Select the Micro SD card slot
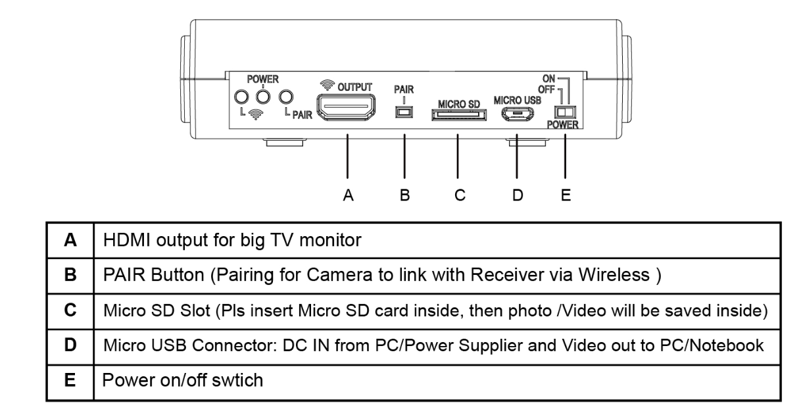(x=459, y=115)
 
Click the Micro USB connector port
(x=516, y=114)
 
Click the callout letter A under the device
(x=349, y=195)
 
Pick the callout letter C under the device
(x=459, y=195)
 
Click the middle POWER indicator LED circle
(x=264, y=97)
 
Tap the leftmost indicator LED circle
(x=241, y=97)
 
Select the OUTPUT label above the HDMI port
(x=355, y=87)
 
